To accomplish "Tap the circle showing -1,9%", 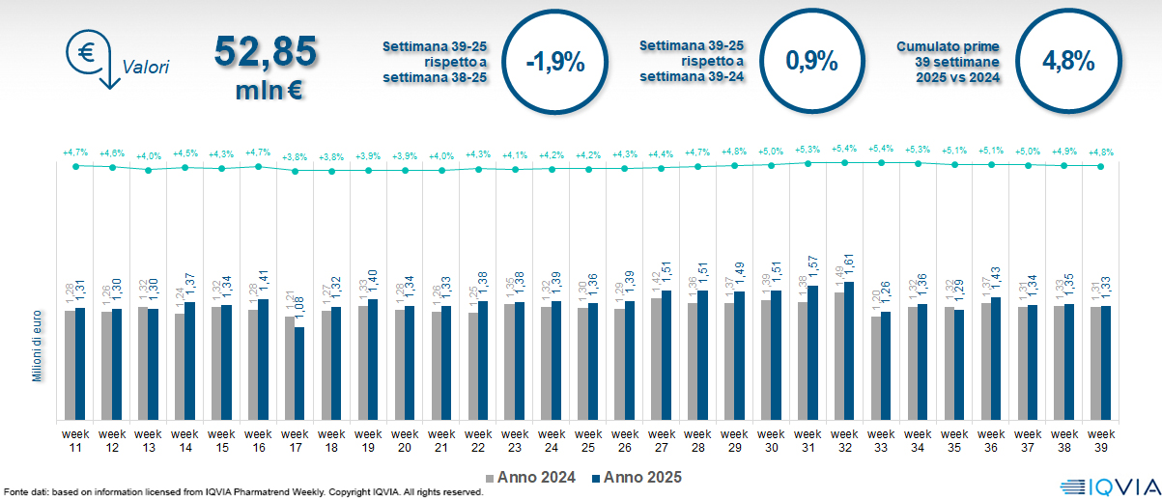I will (x=554, y=62).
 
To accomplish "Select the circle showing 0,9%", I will (x=810, y=62).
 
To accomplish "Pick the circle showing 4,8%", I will (x=1067, y=62).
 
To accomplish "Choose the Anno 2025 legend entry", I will (x=637, y=477).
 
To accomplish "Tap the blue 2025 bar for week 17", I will (x=299, y=374).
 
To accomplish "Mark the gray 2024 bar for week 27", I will (x=656, y=359).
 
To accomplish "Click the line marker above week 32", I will (x=844, y=163).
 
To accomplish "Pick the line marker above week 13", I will (x=149, y=170).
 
